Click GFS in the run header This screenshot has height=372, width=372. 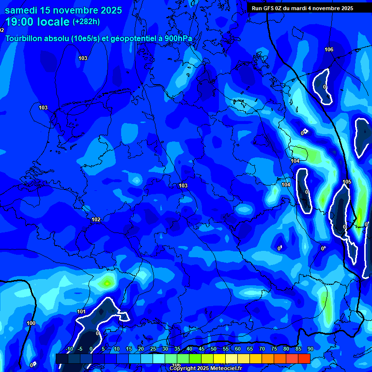(268, 8)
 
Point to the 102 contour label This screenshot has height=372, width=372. (96, 220)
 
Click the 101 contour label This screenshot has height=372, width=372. (81, 311)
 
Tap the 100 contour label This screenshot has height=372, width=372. (31, 323)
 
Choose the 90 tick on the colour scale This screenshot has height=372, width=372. (310, 349)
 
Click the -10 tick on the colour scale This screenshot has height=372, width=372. (69, 349)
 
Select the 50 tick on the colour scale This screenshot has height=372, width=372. (214, 349)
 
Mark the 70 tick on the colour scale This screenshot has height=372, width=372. (262, 349)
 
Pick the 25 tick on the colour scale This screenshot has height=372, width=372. (153, 349)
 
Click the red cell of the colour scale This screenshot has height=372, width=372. (304, 358)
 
